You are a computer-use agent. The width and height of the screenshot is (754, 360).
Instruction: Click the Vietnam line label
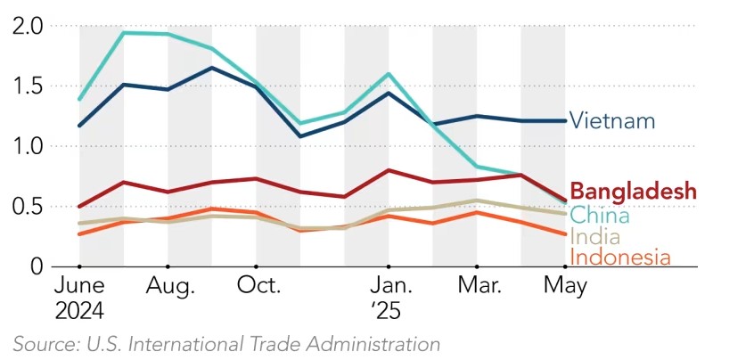612,120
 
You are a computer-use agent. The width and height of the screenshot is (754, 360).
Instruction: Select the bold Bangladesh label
633,191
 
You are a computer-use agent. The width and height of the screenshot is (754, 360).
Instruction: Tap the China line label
599,215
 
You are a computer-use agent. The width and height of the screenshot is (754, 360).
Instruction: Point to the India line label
594,237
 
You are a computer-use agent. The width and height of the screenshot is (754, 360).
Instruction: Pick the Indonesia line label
619,258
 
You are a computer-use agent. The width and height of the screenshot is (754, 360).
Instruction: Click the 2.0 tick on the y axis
29,27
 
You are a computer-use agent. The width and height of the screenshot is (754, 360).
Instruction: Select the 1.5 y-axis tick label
29,86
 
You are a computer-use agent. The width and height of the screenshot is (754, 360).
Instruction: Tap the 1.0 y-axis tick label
29,146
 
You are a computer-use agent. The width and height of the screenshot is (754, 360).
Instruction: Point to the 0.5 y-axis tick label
29,207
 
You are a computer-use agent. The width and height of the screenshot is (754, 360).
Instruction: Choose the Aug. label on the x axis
168,286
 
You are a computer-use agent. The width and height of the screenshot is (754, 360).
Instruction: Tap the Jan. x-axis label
389,286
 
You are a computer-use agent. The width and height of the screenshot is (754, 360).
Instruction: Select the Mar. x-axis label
478,286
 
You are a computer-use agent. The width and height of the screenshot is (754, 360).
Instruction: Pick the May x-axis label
565,287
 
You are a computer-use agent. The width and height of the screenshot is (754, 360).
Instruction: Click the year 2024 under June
78,311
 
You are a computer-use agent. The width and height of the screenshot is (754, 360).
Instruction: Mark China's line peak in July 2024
124,33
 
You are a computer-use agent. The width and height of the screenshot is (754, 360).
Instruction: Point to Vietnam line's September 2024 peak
212,68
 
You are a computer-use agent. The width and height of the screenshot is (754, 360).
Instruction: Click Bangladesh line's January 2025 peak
389,170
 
